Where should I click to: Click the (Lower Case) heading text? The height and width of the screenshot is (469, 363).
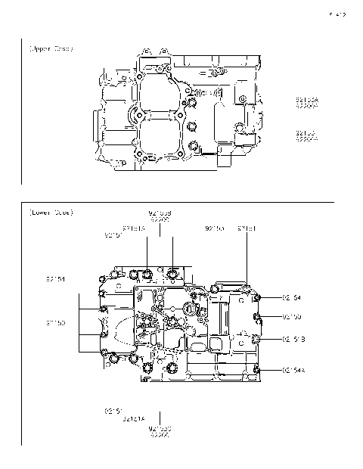[51, 213]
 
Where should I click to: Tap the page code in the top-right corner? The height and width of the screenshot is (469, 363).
[337, 14]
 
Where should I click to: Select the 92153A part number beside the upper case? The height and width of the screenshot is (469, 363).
[307, 99]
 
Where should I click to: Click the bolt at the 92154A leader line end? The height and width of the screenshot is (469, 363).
[257, 368]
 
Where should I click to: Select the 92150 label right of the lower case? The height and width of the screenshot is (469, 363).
[292, 316]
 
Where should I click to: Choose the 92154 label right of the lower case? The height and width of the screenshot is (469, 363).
[292, 298]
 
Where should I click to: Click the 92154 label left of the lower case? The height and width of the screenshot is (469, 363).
[55, 279]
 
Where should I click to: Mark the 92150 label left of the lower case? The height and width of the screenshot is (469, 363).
[55, 323]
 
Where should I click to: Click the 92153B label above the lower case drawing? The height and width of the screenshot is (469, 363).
[160, 213]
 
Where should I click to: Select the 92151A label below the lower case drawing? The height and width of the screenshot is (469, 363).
[134, 418]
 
